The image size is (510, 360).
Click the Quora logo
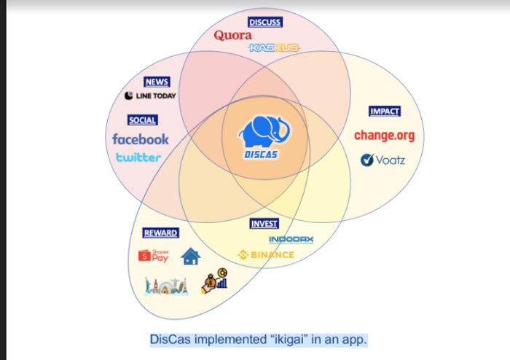point(233,35)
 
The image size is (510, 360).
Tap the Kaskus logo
point(274,47)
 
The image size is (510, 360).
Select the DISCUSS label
point(264,22)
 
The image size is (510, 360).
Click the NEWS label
point(157,82)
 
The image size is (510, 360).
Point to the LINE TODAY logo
point(150,95)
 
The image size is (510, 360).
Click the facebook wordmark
point(140,138)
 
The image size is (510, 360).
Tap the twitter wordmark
point(138,157)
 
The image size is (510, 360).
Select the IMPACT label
point(385,111)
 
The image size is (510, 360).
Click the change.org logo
point(383,135)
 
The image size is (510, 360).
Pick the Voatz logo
point(382,160)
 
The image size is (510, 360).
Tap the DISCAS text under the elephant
point(262,154)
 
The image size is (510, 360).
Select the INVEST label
point(264,224)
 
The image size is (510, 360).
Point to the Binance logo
point(266,254)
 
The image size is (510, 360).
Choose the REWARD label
point(160,232)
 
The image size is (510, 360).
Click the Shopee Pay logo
point(154,255)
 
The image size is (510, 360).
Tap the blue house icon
point(190,256)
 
